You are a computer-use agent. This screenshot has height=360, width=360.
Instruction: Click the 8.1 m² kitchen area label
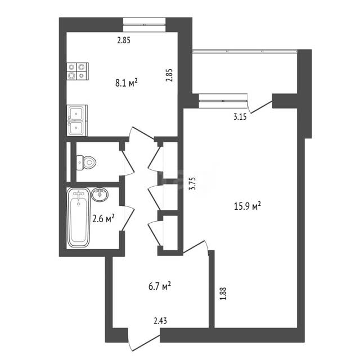pyautogui.click(x=126, y=83)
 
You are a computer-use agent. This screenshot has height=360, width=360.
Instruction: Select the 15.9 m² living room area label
pyautogui.click(x=247, y=206)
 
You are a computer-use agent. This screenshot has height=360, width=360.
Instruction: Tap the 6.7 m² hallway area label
pyautogui.click(x=160, y=286)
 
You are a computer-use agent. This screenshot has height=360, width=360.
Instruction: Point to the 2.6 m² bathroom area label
pyautogui.click(x=103, y=218)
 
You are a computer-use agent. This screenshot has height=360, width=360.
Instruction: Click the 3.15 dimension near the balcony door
pyautogui.click(x=240, y=116)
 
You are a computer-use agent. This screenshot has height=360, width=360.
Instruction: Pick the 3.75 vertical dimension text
pyautogui.click(x=192, y=183)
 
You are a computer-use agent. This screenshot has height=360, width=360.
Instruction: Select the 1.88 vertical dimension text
pyautogui.click(x=223, y=294)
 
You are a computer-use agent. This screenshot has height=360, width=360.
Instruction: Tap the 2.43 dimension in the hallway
pyautogui.click(x=160, y=321)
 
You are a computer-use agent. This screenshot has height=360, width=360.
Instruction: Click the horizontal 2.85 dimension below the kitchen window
pyautogui.click(x=124, y=40)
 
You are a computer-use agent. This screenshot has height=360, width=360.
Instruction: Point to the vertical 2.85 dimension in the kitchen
pyautogui.click(x=169, y=75)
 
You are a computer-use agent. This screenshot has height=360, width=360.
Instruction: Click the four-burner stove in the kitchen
pyautogui.click(x=78, y=71)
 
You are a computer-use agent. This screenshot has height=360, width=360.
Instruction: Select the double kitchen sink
pyautogui.click(x=77, y=120)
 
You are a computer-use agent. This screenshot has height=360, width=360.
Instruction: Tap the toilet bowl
pyautogui.click(x=86, y=163)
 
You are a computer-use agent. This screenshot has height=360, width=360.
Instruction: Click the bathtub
pyautogui.click(x=79, y=218)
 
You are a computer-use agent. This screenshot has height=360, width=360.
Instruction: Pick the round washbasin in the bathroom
pyautogui.click(x=100, y=195)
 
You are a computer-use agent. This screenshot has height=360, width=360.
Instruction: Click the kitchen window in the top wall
pyautogui.click(x=144, y=25)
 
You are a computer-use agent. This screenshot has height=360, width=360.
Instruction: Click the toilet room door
pyautogui.click(x=128, y=162)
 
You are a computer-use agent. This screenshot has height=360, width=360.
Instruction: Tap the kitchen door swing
pyautogui.click(x=141, y=134)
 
